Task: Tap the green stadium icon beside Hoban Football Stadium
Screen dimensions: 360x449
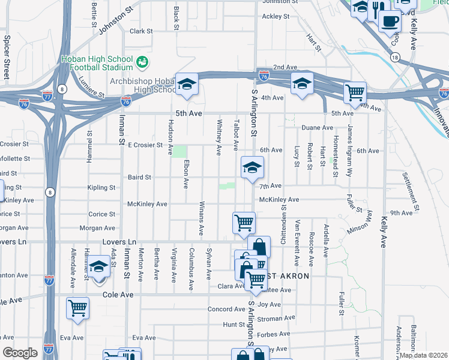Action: (142, 61)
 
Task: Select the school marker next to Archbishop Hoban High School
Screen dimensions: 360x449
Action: (187, 85)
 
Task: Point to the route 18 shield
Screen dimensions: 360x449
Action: (394, 57)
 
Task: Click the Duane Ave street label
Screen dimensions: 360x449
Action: (317, 128)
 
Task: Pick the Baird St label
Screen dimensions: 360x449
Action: (139, 178)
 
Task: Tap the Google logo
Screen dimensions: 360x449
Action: (20, 353)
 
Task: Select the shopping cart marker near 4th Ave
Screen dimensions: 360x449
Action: (355, 93)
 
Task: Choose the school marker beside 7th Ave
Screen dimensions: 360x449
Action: (252, 168)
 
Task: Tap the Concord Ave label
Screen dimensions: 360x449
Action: (226, 309)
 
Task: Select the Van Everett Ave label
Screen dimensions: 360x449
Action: (297, 238)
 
